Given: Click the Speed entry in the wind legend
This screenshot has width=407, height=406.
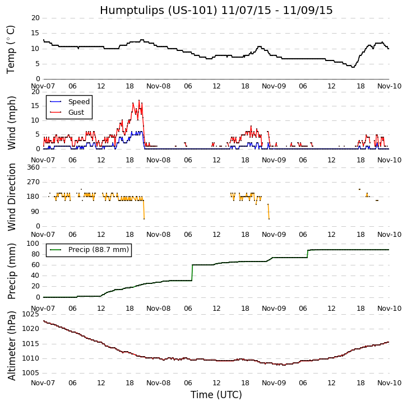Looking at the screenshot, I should tap(79, 102).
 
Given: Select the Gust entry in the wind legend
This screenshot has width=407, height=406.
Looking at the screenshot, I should tap(76, 113).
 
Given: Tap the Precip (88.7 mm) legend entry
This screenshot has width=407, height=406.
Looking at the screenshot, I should tap(98, 250).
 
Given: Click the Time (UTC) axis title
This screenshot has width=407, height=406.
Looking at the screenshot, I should tap(216, 395).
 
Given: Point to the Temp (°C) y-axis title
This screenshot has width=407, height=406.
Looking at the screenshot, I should tap(11, 49).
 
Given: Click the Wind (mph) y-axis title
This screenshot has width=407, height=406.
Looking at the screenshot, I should tap(11, 122).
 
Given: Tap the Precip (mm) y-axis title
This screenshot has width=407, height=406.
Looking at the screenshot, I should tap(11, 270).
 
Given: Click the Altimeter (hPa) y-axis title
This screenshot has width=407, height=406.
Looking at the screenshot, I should tap(11, 345).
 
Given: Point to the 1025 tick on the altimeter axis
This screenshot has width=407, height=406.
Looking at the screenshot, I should tap(30, 314).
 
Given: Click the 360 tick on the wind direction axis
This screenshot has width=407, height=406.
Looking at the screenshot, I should tap(33, 167).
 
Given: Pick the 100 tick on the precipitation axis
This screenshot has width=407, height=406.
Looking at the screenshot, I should tap(33, 243).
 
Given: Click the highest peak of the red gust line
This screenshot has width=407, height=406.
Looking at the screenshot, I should tap(139, 100).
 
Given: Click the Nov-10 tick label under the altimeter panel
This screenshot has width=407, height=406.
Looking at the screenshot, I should tap(389, 383).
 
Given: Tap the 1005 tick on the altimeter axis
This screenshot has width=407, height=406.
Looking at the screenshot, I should tap(30, 372).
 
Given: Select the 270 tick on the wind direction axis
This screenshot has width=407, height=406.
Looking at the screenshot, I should tap(33, 182).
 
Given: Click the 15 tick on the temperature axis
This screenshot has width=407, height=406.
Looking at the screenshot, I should tap(35, 33).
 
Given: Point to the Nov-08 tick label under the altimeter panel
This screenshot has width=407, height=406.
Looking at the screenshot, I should tap(159, 383).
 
